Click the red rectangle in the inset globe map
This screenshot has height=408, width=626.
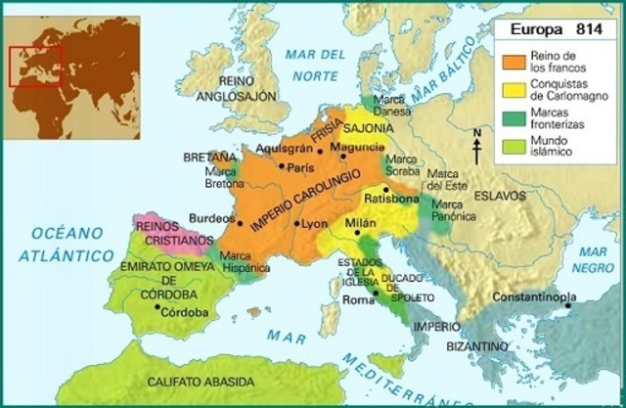35,68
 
